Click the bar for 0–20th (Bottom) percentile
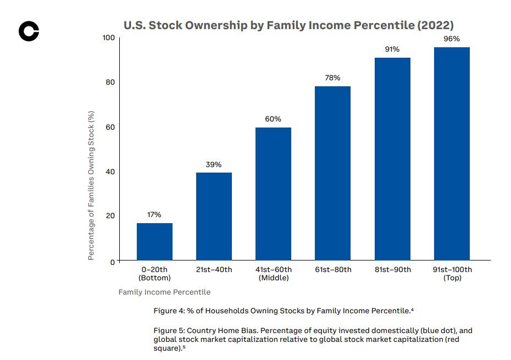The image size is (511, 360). coord(154,242)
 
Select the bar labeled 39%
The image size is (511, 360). coord(214,217)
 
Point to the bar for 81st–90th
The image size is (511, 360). coord(392,159)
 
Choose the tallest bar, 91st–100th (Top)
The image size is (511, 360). coord(452,153)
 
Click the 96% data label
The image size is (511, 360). coord(452,39)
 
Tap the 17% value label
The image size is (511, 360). coord(154,215)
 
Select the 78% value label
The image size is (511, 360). coord(332,78)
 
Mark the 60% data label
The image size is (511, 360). coord(273,119)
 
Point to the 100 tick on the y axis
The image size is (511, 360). coord(108,38)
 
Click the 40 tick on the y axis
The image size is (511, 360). coord(110,172)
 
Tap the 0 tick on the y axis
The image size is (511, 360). coord(113,262)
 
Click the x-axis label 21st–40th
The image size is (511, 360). coord(214,270)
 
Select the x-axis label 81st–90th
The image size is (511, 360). coord(392,270)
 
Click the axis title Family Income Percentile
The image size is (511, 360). coord(164,292)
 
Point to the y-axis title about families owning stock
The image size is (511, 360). coord(92,185)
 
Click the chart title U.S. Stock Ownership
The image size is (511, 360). coord(288,25)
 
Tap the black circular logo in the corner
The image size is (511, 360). coord(29,31)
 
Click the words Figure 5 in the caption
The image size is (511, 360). coord(168,331)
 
